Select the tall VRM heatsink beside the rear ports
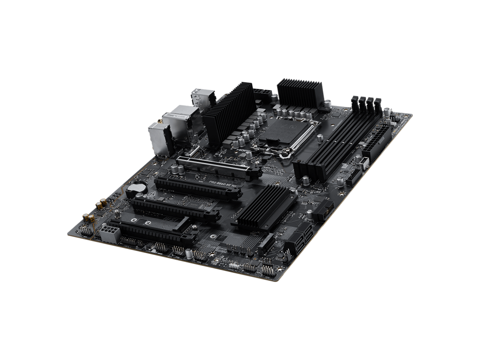tap(223, 116)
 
